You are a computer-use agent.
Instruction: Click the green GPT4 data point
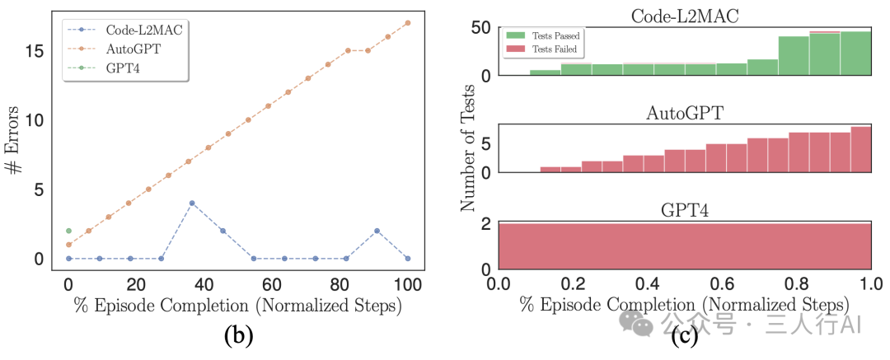(68, 231)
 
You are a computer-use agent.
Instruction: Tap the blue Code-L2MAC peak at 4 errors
(191, 203)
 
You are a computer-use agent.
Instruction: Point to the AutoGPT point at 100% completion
(408, 23)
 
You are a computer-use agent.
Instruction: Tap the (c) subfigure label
(684, 334)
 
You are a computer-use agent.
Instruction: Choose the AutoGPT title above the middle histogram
(684, 113)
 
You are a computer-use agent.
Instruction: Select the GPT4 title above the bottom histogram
(684, 209)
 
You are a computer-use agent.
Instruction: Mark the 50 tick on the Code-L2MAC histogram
(481, 29)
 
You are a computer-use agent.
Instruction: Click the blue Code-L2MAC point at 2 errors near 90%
(377, 231)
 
